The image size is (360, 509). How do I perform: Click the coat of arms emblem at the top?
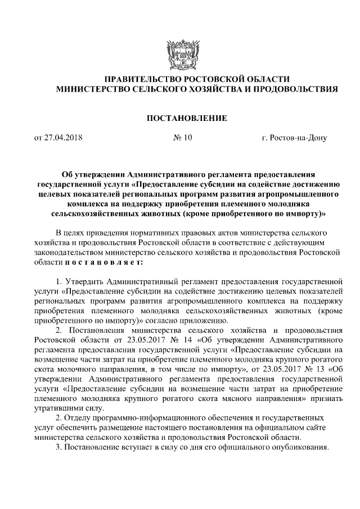[179, 53]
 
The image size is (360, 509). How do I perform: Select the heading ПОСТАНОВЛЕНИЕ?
[179, 118]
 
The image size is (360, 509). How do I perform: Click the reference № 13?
[310, 370]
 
